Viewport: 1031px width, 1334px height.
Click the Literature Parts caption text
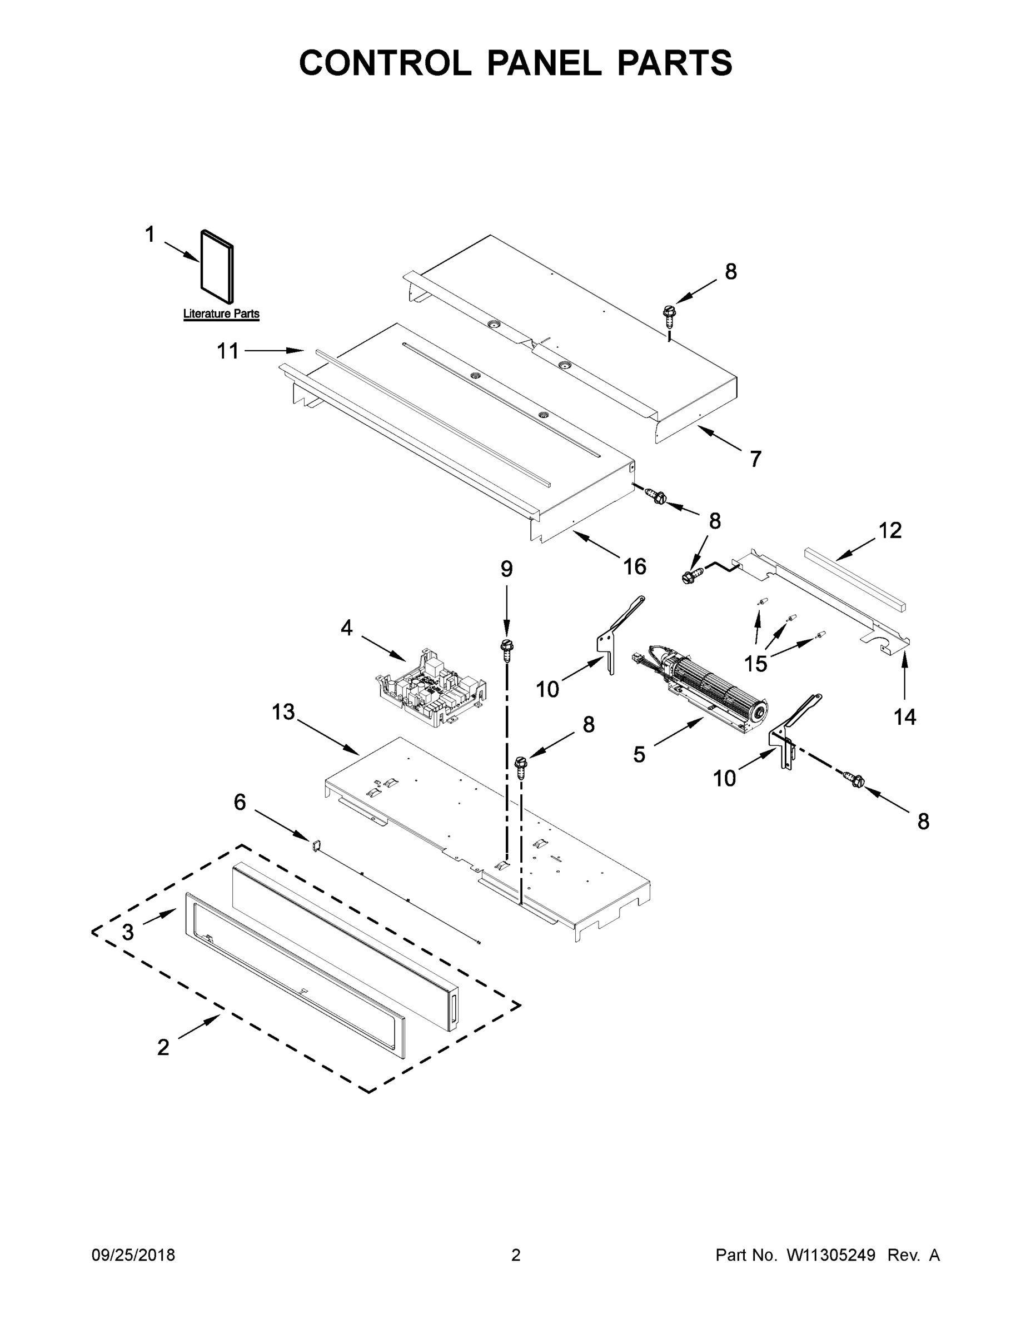click(221, 314)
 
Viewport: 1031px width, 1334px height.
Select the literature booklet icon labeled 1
click(217, 266)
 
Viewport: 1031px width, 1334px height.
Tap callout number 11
click(228, 351)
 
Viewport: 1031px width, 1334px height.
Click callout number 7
click(755, 459)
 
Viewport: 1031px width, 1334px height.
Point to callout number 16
click(635, 567)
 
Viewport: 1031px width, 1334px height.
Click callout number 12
click(890, 530)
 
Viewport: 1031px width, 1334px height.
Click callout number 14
click(905, 716)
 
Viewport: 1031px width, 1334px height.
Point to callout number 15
click(755, 663)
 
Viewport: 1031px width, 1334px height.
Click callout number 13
click(283, 711)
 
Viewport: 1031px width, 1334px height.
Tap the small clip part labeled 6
click(317, 845)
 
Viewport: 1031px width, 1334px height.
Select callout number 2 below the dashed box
click(163, 1047)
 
